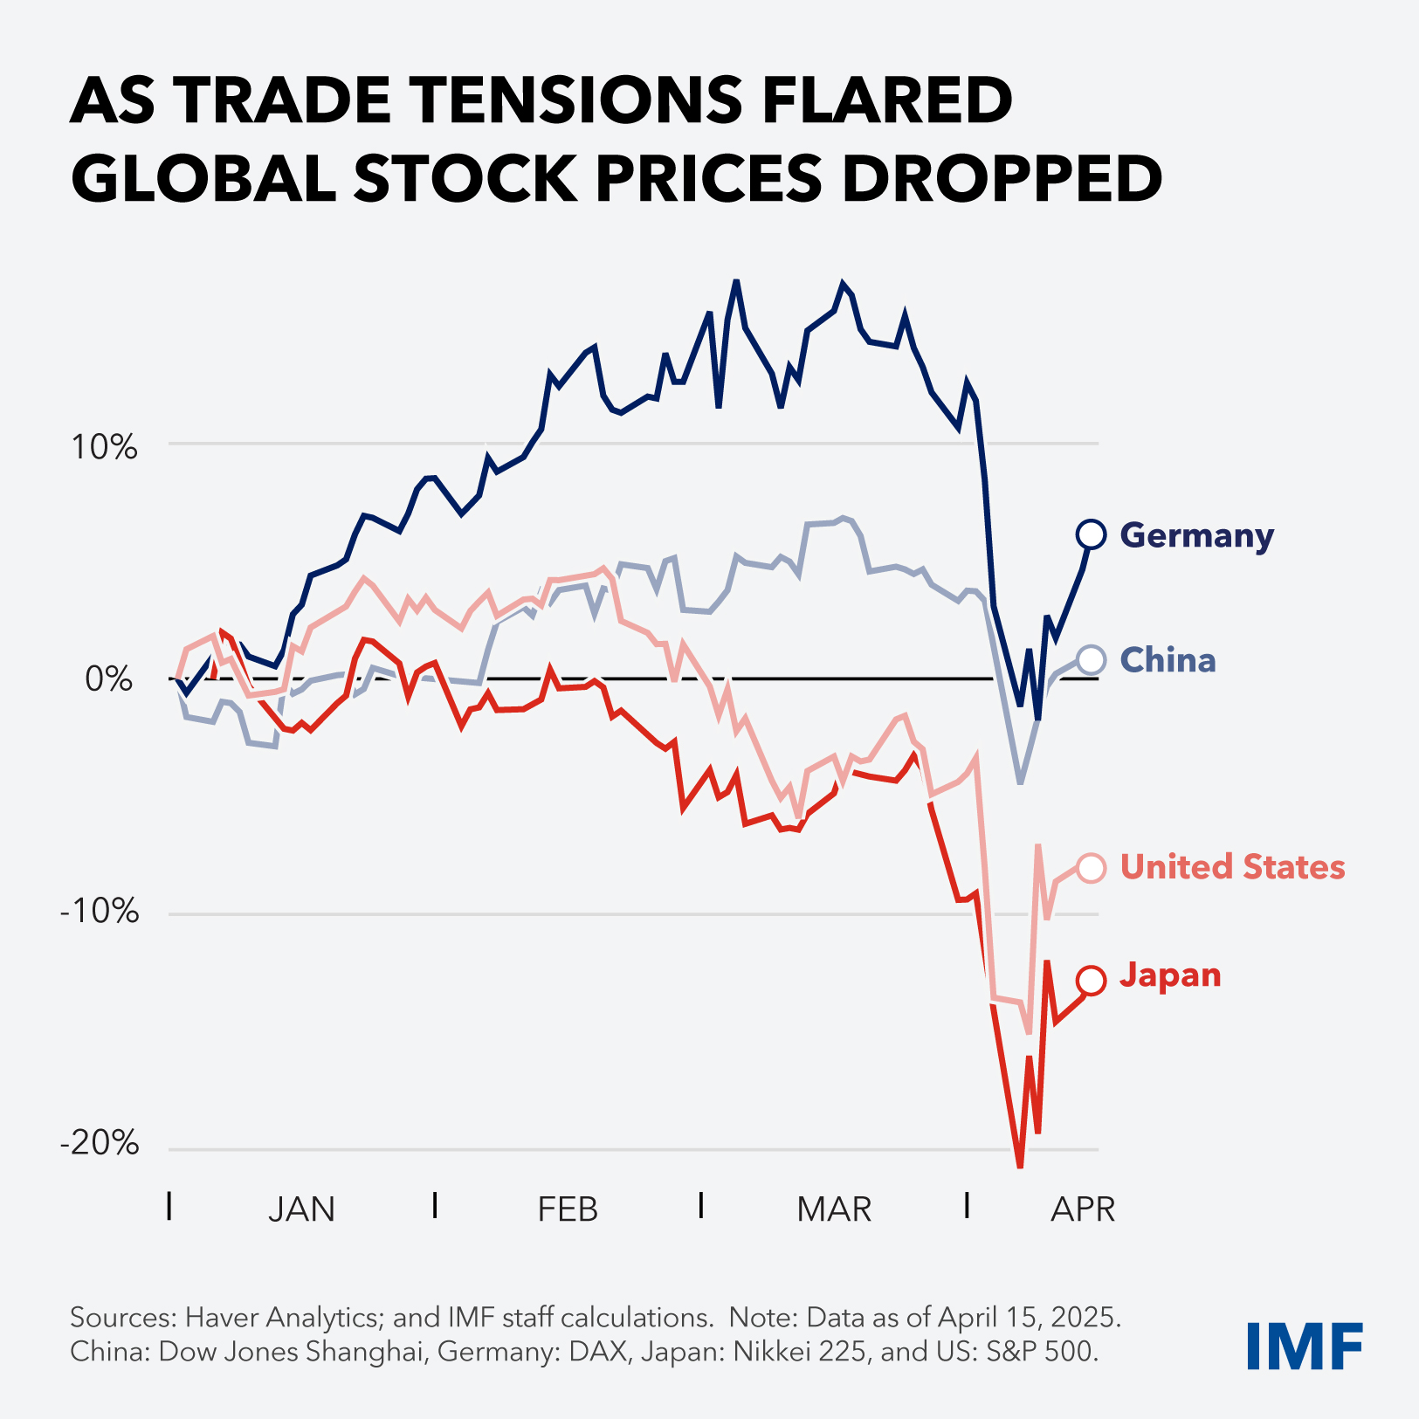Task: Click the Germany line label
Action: tap(1195, 535)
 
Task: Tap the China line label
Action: tap(1168, 660)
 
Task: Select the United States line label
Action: tap(1232, 867)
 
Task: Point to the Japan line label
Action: tap(1170, 975)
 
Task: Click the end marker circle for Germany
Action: tap(1092, 534)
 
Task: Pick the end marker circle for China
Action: tap(1092, 659)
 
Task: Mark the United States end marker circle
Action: tap(1092, 867)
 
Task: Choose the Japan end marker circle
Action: tap(1092, 981)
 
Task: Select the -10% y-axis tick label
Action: tap(100, 912)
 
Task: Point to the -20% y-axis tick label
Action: tap(100, 1143)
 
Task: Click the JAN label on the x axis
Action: tap(301, 1209)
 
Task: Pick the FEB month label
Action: tap(568, 1209)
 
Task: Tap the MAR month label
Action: tap(834, 1209)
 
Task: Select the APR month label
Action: tap(1083, 1209)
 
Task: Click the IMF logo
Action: tap(1304, 1347)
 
